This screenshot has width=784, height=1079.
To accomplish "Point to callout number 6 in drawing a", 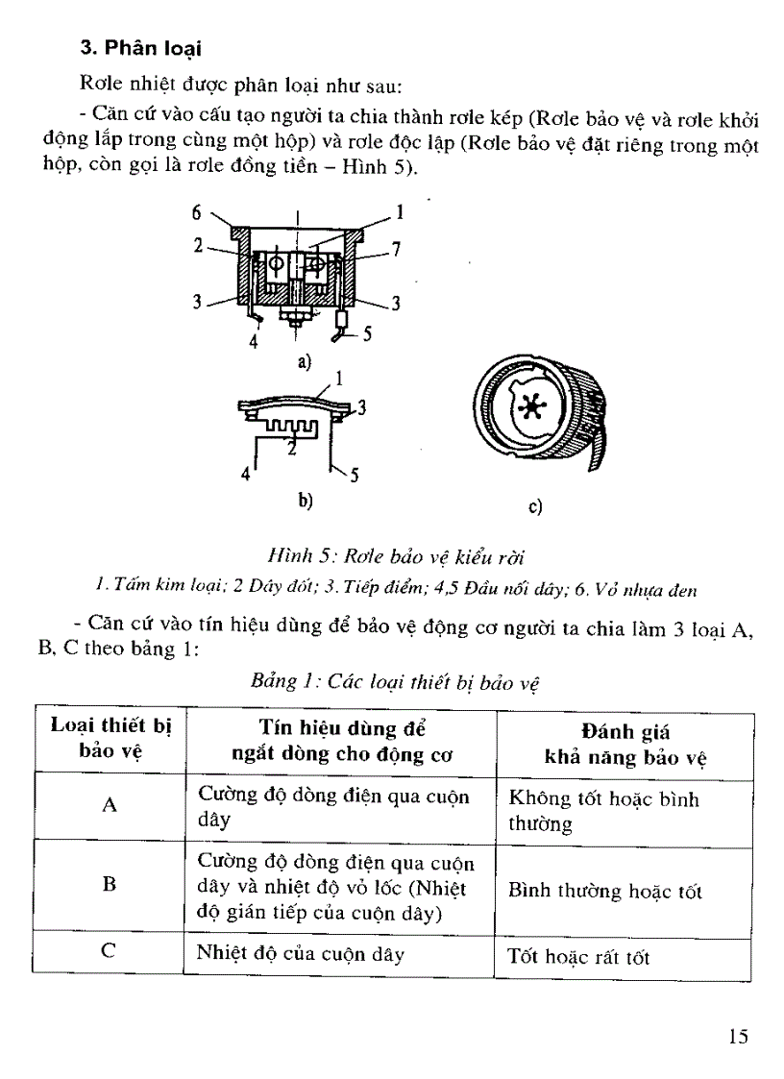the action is [x=197, y=209].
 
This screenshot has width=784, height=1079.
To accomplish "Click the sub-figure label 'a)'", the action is [x=306, y=362].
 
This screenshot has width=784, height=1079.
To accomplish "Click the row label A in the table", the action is [x=109, y=805].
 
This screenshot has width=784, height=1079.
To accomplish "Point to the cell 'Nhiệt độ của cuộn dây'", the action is [x=301, y=954].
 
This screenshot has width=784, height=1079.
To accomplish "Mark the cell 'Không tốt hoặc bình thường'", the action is [x=603, y=811].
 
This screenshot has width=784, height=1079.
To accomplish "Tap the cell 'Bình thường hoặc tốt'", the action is [x=605, y=891].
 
